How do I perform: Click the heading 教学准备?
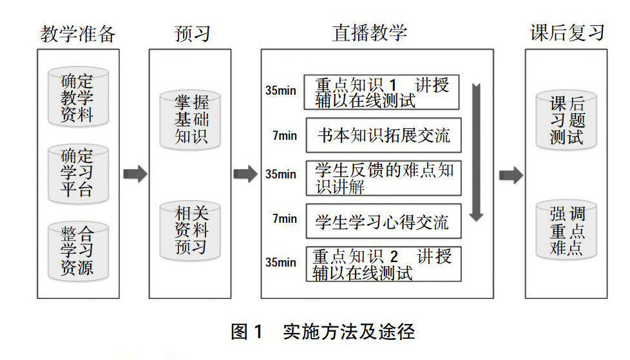tap(78, 33)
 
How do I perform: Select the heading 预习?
tap(192, 33)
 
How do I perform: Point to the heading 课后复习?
tap(567, 33)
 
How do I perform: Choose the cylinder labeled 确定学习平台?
tap(77, 172)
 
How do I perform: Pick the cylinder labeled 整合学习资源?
tap(77, 249)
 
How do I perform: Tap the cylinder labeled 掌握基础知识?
tap(191, 119)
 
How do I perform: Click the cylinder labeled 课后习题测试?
tap(567, 120)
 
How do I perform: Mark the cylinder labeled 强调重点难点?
tap(567, 231)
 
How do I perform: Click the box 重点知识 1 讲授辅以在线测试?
tap(383, 93)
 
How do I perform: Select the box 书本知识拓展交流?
tap(383, 136)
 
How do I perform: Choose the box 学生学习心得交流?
tap(383, 223)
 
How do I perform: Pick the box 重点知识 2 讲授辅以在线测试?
tap(383, 264)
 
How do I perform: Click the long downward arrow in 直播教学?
tap(476, 151)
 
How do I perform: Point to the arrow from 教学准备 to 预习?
tap(135, 174)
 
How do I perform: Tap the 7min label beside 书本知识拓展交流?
tap(284, 136)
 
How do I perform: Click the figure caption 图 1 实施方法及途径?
tap(323, 332)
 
